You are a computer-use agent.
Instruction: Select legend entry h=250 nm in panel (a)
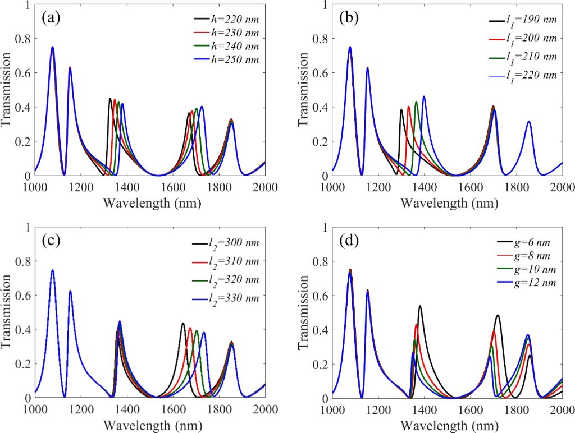(234, 59)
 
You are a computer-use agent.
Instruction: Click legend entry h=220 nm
(234, 20)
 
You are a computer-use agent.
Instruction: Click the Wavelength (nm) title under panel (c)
(150, 422)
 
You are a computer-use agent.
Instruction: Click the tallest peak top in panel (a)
(52, 47)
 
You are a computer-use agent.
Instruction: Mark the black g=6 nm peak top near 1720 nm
(498, 315)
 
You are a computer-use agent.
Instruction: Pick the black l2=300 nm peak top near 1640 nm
(183, 324)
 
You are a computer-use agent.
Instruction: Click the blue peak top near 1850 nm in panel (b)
(528, 121)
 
